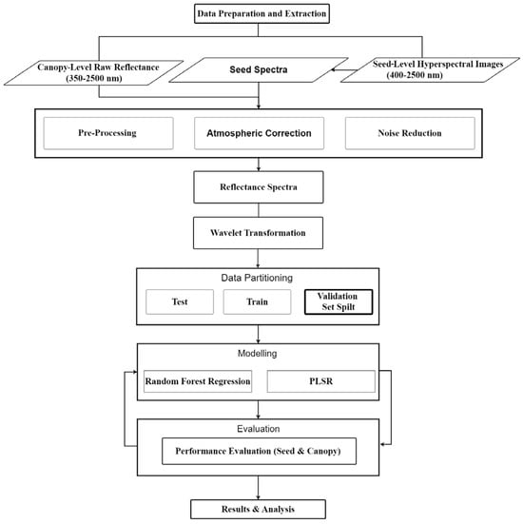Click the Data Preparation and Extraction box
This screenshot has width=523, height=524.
[261, 14]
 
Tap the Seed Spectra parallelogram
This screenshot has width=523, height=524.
[260, 69]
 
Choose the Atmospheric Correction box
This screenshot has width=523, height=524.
[260, 133]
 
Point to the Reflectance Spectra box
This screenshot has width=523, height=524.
[261, 187]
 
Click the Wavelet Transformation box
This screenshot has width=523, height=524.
[261, 232]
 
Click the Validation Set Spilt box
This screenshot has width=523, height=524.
[339, 302]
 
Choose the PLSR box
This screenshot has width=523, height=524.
[319, 381]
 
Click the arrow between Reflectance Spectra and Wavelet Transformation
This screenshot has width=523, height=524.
[261, 209]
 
